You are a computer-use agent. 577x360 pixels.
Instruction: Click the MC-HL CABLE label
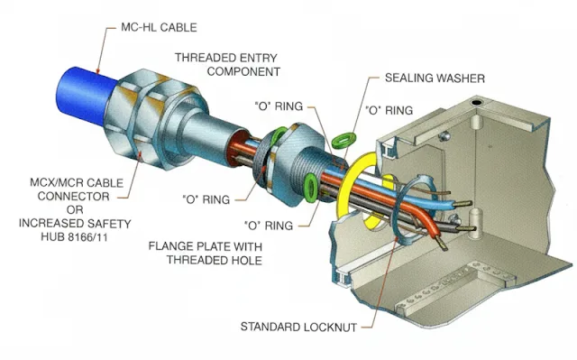coord(159,28)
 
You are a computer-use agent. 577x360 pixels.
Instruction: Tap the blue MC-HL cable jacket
coord(85,94)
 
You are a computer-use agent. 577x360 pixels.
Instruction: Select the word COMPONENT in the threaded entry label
coord(243,71)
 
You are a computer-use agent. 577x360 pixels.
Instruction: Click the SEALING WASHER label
coord(435,78)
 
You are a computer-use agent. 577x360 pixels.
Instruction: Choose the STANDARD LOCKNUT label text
coord(298,327)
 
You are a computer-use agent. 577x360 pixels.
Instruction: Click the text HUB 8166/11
coord(74,236)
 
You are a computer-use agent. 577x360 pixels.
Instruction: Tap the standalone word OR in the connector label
coord(75,210)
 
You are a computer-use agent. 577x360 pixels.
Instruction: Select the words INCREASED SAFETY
coord(75,224)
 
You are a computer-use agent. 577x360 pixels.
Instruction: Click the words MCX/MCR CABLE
coord(77,183)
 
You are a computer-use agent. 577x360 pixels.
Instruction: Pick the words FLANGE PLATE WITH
coord(206,246)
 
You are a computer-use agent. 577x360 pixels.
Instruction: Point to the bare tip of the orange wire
coord(443,244)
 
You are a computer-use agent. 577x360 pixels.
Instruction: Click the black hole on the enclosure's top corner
coord(477,102)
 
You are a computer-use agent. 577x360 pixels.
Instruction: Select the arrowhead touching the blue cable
coord(97,71)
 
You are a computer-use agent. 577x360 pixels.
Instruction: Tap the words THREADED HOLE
coord(215,260)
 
